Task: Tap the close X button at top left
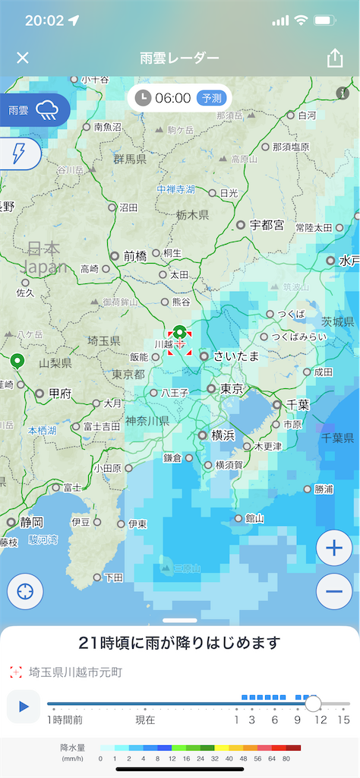[23, 58]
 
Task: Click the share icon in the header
[335, 58]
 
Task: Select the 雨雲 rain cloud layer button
[34, 110]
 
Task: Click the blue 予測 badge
[210, 98]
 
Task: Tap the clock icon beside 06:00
[144, 98]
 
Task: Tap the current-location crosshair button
[25, 592]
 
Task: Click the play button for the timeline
[24, 707]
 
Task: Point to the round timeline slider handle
[313, 704]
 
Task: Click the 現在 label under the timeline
[145, 719]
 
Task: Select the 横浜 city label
[223, 435]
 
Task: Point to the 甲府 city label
[59, 394]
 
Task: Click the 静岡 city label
[33, 522]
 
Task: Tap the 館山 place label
[254, 518]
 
